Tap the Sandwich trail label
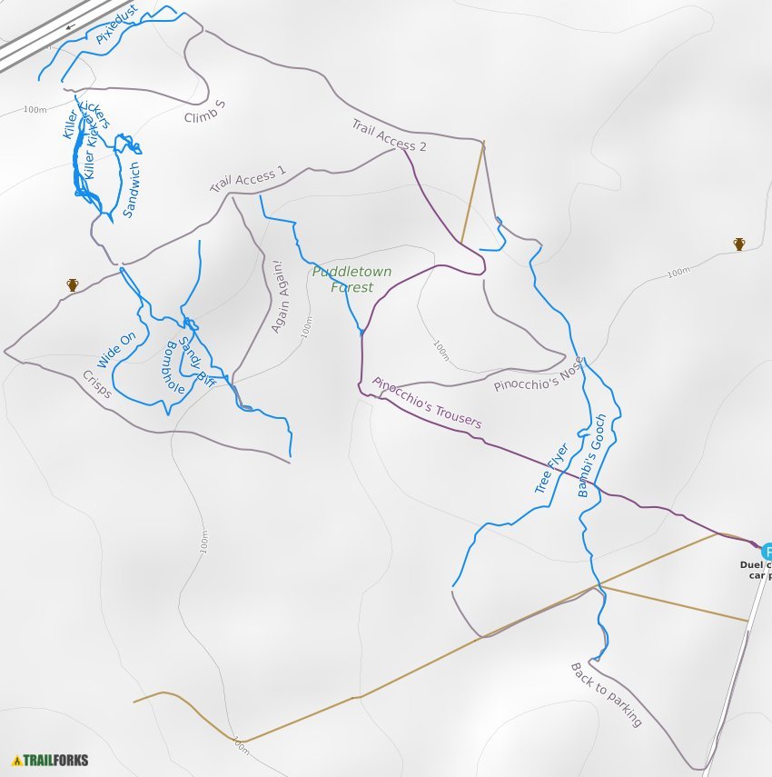pos(131,190)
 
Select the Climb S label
pos(204,112)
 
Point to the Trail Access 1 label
pos(248,178)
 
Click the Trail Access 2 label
pos(389,134)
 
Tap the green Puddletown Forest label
pos(341,279)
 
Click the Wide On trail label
pos(116,350)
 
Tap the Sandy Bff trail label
pos(196,358)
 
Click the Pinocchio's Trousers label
pos(427,403)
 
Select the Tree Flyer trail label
pos(551,468)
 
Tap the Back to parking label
pos(606,694)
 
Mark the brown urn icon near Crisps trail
pos(73,285)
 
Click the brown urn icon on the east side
pos(739,244)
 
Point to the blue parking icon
pos(767,552)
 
